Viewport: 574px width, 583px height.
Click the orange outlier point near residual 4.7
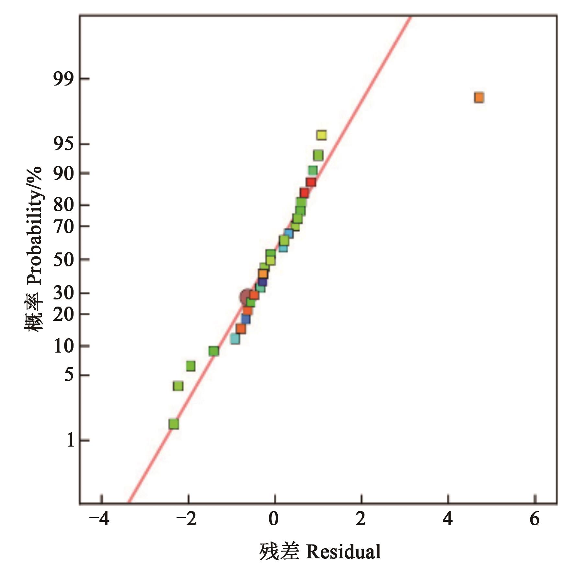click(479, 98)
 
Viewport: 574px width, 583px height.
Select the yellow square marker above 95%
click(321, 135)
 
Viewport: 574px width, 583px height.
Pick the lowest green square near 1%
click(174, 424)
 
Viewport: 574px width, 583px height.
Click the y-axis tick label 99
click(63, 79)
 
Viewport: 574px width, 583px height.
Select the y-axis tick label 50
click(63, 259)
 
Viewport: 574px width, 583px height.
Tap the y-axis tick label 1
click(71, 440)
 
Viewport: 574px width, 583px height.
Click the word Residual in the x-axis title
click(343, 552)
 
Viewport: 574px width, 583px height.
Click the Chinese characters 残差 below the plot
click(279, 552)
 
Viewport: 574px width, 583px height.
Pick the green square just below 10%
click(213, 351)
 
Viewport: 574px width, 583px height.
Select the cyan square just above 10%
click(235, 339)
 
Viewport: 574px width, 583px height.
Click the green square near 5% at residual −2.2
click(178, 386)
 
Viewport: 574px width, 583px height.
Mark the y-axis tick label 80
click(63, 205)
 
